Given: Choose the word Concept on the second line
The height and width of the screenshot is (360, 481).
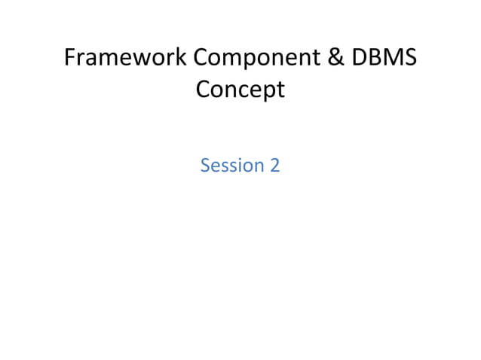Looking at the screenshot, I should [x=240, y=90].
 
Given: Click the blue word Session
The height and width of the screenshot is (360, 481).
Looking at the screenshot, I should [x=229, y=166].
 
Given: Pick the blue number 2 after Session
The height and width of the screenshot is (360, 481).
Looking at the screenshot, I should [x=274, y=166].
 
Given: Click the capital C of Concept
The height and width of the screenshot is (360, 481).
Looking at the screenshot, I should [x=204, y=90].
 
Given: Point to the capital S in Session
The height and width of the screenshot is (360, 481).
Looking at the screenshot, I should [x=206, y=166].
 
